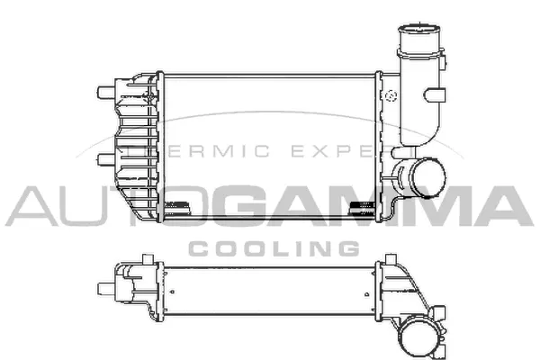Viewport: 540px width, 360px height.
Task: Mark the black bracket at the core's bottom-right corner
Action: (361, 207)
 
